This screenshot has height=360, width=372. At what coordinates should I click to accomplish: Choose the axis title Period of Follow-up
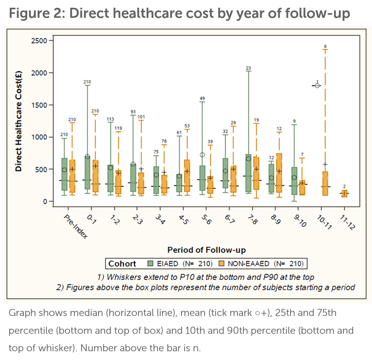tap(206, 250)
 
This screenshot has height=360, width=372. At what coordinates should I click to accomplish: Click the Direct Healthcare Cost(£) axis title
tap(19, 121)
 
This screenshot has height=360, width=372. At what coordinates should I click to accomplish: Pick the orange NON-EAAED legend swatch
tap(222, 264)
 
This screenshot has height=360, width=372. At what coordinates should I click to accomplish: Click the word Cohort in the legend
tap(122, 264)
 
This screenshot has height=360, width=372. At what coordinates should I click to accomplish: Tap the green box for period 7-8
tap(248, 173)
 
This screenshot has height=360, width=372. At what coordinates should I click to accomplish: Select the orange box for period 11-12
tap(344, 193)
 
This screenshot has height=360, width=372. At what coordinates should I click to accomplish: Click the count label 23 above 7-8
tap(248, 68)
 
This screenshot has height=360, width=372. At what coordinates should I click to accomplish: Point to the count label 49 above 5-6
tap(202, 98)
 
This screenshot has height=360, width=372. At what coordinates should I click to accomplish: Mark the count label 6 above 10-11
tap(325, 46)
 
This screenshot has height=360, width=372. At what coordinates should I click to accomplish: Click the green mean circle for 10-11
tap(317, 86)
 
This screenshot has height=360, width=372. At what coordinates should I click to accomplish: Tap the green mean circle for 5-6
tap(202, 155)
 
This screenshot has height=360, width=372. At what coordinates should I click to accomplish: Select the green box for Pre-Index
tap(65, 174)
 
